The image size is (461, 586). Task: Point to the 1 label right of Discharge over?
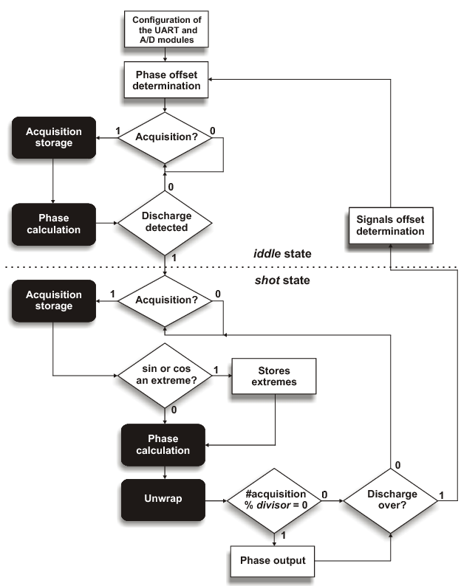(x=442, y=493)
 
